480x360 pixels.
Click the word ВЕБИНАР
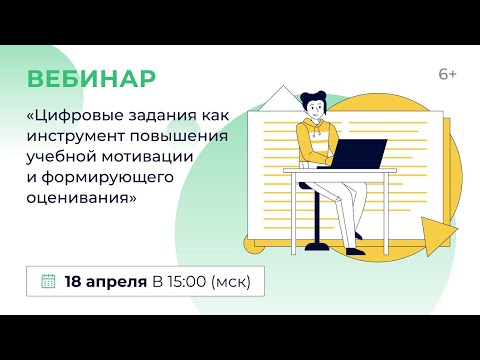click(90, 78)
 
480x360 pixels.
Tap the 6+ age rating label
click(449, 76)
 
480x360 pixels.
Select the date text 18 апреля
click(106, 281)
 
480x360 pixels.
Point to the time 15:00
click(190, 281)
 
